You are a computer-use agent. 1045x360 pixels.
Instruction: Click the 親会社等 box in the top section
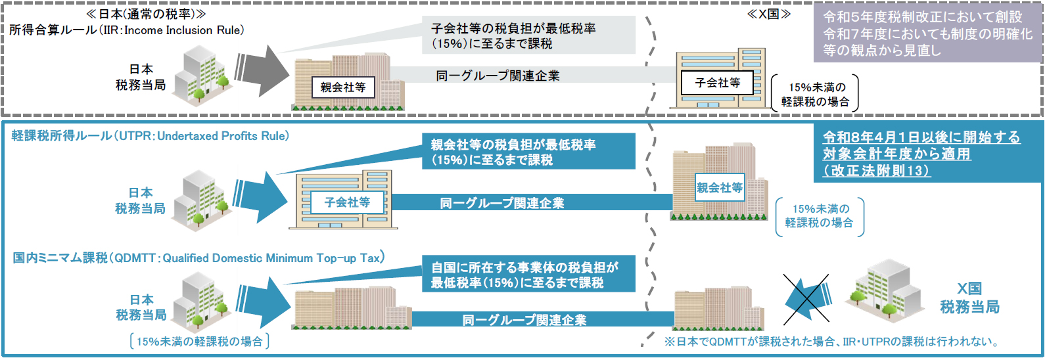coord(343,87)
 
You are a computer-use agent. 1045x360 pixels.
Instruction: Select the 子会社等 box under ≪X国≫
coord(717,83)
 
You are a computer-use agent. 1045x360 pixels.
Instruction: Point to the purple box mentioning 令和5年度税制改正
coord(927,34)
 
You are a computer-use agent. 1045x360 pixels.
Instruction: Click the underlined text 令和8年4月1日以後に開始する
coord(921,137)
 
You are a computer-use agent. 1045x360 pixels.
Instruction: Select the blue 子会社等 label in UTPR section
coord(347,202)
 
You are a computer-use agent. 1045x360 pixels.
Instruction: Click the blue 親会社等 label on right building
coord(720,188)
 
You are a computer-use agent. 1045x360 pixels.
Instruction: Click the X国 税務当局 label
coord(969,298)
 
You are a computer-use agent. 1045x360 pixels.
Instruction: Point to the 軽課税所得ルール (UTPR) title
coord(151,136)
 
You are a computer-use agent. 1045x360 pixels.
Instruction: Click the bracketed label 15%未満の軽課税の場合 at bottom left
coord(199,342)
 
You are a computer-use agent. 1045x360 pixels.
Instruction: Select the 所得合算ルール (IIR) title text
coord(126,30)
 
